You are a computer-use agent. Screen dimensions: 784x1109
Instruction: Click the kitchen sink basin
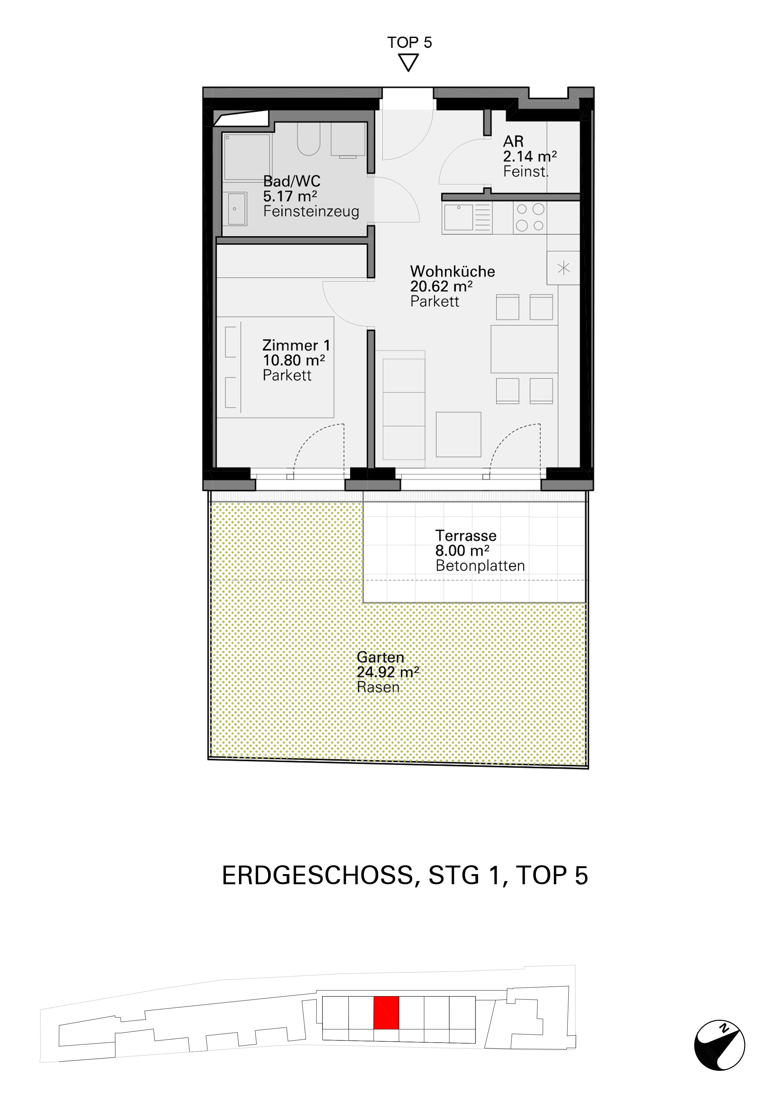458,218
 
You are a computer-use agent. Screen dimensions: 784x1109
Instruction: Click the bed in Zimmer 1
275,367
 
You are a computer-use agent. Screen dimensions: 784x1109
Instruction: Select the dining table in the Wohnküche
524,349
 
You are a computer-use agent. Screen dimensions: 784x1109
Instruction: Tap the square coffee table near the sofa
458,434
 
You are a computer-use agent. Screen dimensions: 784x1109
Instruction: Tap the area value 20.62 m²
441,286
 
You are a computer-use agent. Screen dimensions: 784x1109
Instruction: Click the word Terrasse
466,536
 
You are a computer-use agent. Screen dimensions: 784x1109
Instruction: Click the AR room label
513,142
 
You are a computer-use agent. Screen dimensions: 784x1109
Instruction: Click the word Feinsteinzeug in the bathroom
311,211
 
